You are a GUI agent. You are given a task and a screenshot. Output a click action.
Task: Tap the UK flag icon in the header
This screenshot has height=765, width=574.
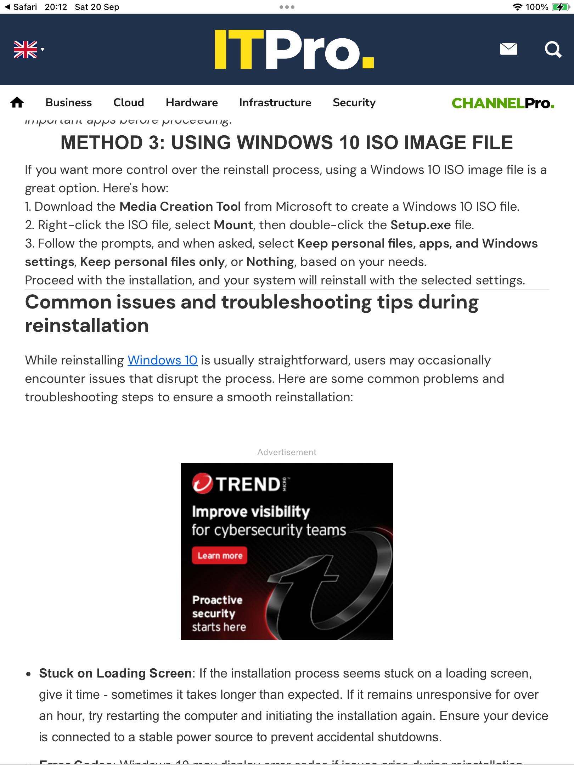point(26,50)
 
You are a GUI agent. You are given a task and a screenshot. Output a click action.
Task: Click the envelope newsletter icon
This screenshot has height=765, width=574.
point(508,49)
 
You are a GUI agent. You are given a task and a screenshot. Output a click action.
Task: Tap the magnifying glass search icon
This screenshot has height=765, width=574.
point(553,50)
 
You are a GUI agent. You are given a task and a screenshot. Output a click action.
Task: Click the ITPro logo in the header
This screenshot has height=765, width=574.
point(294,50)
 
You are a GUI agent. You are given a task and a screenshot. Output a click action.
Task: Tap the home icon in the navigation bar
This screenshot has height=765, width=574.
point(17,103)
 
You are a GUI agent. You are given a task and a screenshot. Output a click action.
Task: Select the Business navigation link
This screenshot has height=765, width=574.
point(69,103)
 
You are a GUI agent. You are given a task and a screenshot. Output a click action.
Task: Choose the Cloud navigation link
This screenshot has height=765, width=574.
point(129,103)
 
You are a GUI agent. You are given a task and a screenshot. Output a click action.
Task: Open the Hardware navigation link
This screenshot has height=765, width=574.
point(192,103)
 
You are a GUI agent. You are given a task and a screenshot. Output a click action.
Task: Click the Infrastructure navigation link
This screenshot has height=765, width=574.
point(275,103)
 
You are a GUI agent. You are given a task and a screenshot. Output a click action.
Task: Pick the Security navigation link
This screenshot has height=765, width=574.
point(354,103)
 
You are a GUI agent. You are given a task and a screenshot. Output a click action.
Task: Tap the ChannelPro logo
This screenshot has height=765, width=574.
point(503,103)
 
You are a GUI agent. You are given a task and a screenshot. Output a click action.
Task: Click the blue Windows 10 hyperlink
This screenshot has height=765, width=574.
point(162,360)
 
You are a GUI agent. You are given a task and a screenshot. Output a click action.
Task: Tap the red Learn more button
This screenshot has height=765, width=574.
point(220,555)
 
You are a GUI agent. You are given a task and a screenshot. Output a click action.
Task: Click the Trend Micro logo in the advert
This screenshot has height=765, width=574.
point(240,484)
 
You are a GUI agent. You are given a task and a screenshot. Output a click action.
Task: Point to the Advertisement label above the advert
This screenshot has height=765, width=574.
point(287,452)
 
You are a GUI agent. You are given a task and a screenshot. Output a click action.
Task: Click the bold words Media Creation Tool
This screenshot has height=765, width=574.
point(180,206)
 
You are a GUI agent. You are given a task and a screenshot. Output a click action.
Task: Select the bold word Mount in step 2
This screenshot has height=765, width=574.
point(233,225)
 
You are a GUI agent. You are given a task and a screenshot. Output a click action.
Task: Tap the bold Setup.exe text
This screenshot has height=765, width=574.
point(421,225)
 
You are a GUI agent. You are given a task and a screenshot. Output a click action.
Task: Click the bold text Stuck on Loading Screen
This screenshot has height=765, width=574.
point(116,673)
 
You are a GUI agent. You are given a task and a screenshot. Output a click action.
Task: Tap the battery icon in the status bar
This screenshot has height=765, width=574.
point(560,7)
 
